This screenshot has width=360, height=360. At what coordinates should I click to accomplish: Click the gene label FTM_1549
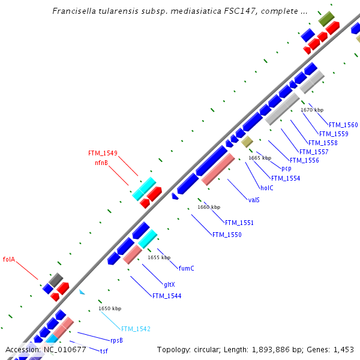pyautogui.click(x=103, y=153)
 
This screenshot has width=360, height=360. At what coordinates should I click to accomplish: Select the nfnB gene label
pyautogui.click(x=101, y=163)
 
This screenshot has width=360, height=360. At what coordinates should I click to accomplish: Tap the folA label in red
pyautogui.click(x=8, y=260)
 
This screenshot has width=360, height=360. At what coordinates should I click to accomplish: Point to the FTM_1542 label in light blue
pyautogui.click(x=136, y=329)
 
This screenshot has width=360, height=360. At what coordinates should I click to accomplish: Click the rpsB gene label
pyautogui.click(x=116, y=340)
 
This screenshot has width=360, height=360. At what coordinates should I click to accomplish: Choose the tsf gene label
pyautogui.click(x=104, y=350)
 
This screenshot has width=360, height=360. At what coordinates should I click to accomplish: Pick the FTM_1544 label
pyautogui.click(x=166, y=296)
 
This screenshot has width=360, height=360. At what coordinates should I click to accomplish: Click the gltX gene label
pyautogui.click(x=169, y=284)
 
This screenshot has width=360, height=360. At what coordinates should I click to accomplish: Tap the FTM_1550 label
pyautogui.click(x=227, y=235)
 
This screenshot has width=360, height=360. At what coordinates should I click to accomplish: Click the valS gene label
pyautogui.click(x=254, y=199)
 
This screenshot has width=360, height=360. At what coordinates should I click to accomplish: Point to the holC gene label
pyautogui.click(x=267, y=188)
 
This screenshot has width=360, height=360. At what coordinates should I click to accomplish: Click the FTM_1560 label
pyautogui.click(x=343, y=125)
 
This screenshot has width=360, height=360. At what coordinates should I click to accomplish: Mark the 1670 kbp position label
pyautogui.click(x=312, y=110)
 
